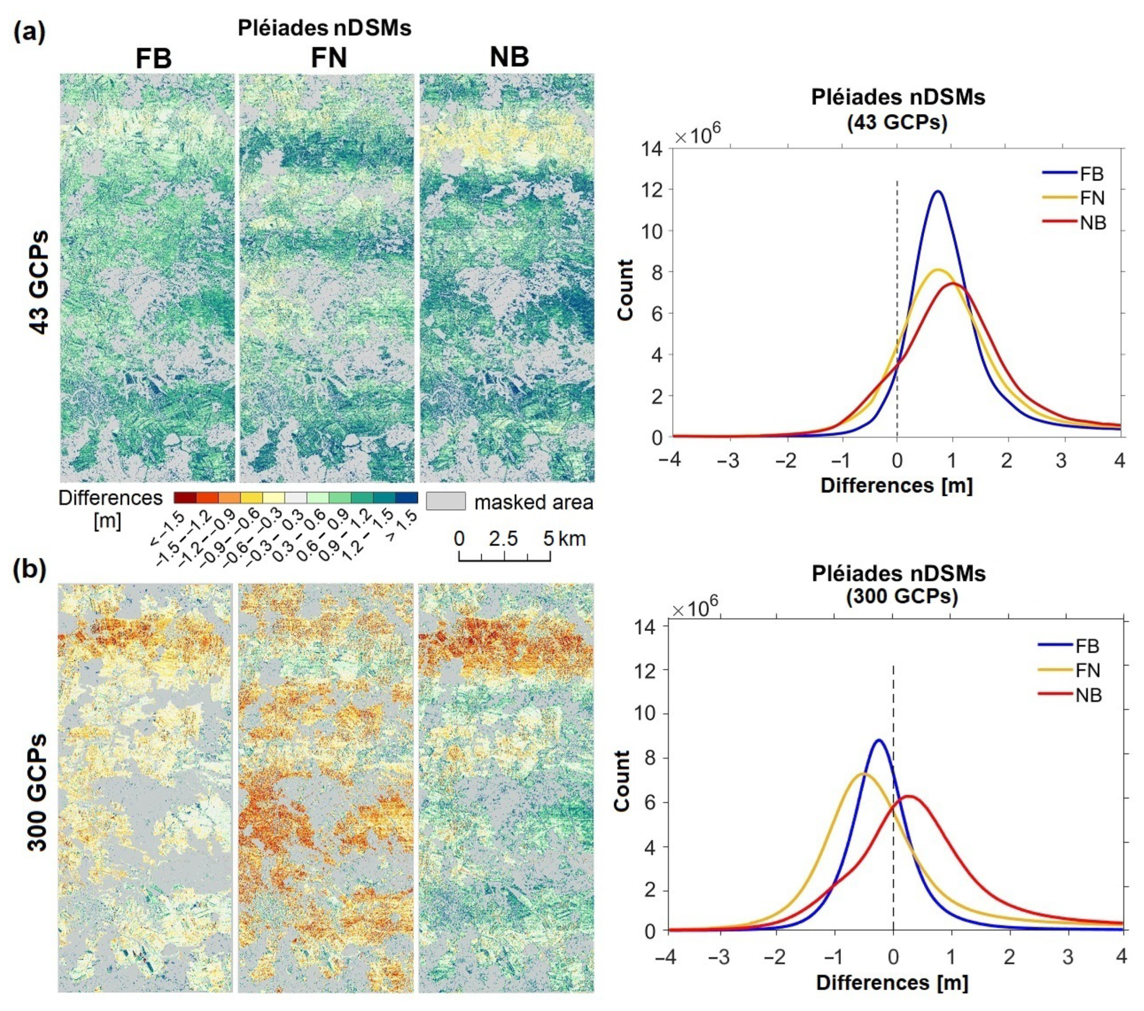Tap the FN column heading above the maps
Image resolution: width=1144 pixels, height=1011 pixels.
(329, 58)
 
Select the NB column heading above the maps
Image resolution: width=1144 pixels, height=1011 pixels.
(509, 57)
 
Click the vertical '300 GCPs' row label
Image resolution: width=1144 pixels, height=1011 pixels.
(37, 791)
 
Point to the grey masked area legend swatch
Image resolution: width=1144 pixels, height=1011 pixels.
(446, 501)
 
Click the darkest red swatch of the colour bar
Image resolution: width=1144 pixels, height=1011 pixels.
(185, 498)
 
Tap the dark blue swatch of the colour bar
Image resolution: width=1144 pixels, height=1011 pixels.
(406, 498)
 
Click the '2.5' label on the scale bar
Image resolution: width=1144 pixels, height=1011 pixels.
(503, 539)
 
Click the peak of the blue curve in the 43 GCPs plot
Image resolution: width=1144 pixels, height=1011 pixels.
(938, 192)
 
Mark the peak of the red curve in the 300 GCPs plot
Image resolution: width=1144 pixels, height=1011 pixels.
(908, 796)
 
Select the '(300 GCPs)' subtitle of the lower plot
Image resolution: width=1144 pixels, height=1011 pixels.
(901, 597)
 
